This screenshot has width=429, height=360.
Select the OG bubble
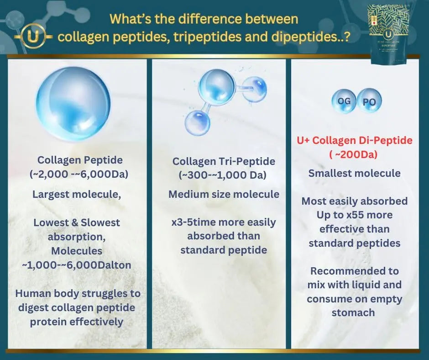344,101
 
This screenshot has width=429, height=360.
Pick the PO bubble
369,102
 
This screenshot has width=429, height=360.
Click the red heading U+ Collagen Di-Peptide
354,140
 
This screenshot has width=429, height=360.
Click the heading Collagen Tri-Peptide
224,161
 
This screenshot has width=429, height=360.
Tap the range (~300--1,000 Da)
224,175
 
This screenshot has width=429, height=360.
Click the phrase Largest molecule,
76,194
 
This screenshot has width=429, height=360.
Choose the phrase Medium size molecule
224,194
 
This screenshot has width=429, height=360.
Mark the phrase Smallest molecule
354,173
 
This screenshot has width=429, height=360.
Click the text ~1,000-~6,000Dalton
76,265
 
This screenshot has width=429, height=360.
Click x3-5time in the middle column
192,222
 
